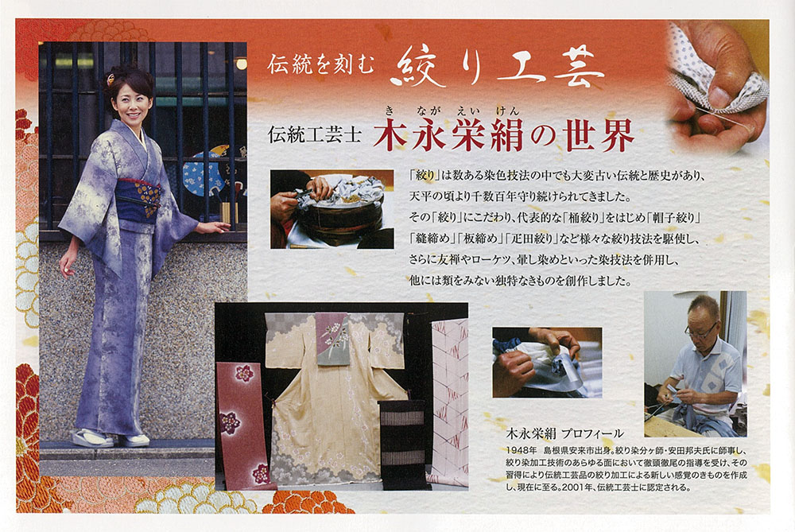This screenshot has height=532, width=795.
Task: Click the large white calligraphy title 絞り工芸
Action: pyautogui.click(x=497, y=67)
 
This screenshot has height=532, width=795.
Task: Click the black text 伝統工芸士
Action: pyautogui.click(x=315, y=135)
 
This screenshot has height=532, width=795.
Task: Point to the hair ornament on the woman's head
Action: pyautogui.click(x=110, y=79)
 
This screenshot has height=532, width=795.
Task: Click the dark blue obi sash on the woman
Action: pyautogui.click(x=137, y=200)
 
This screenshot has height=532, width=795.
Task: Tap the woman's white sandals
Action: pyautogui.click(x=111, y=439)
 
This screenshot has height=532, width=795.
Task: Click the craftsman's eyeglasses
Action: pyautogui.click(x=700, y=332)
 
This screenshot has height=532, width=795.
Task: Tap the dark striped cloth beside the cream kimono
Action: pyautogui.click(x=403, y=444)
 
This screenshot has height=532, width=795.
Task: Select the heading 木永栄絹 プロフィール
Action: pyautogui.click(x=564, y=433)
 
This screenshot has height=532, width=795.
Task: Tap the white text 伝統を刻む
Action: pyautogui.click(x=321, y=65)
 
